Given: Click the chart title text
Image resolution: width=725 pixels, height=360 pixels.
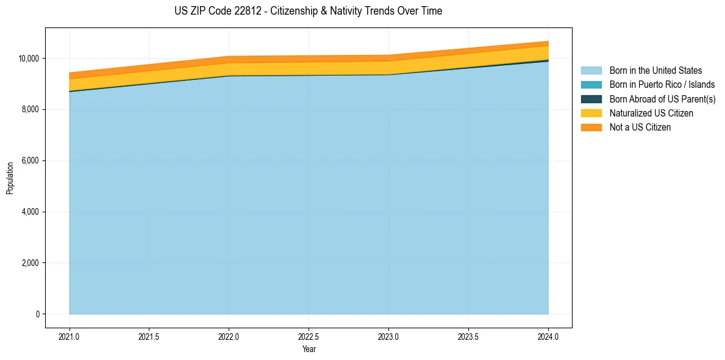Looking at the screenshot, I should (308, 11).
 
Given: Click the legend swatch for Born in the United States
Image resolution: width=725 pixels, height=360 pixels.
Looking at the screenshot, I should (591, 71).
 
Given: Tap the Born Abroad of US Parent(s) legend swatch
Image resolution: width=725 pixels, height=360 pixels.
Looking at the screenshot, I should (591, 99).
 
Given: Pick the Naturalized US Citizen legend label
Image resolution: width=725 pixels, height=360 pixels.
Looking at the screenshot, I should (651, 113).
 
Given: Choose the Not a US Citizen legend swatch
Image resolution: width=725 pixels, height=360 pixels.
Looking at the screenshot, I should (591, 128).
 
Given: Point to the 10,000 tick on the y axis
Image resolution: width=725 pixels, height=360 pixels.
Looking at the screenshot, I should (28, 59).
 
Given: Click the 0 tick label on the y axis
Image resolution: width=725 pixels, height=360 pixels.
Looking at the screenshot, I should (37, 315).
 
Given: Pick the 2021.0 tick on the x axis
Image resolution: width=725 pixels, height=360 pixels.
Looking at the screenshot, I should (70, 336).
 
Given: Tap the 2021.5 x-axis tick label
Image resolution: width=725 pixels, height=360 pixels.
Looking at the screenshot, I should (149, 336).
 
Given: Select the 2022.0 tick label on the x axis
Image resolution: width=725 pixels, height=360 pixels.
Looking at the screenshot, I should (229, 336).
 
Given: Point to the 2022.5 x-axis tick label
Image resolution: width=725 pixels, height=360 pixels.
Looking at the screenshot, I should (309, 336).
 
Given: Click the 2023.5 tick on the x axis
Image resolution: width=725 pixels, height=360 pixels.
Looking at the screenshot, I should (468, 336).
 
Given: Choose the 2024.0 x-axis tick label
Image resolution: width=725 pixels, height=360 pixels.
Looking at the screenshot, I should (548, 336).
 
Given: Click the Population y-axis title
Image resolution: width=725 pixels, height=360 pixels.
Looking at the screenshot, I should (10, 178).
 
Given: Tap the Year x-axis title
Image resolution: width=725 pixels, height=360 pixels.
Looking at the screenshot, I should (309, 350).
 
